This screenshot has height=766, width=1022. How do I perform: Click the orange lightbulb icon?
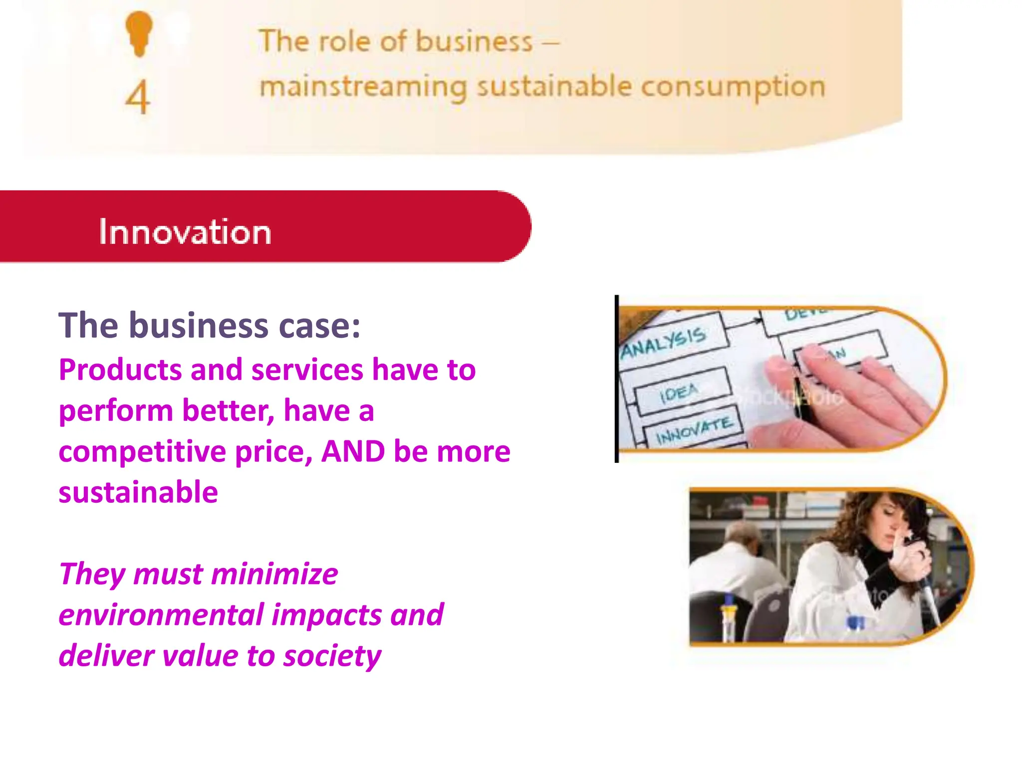pos(139,33)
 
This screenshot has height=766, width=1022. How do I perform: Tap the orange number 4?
pos(137,97)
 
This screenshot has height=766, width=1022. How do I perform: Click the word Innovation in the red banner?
pos(185,232)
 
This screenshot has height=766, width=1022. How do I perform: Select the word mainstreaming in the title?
pos(363,88)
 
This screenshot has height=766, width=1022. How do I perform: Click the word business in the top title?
pos(474,41)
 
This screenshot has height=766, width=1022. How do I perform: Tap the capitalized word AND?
pos(353,452)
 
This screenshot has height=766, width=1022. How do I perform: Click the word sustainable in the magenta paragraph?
pos(138,493)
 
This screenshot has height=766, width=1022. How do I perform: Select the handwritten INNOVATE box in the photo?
pos(694,430)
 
